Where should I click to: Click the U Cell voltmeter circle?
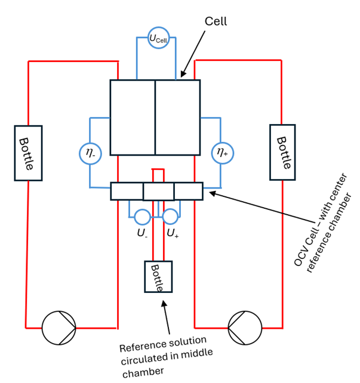coord(159,27)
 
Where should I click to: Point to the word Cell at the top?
coord(216,21)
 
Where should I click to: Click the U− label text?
coord(142,233)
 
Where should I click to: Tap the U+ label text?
coord(173,233)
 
